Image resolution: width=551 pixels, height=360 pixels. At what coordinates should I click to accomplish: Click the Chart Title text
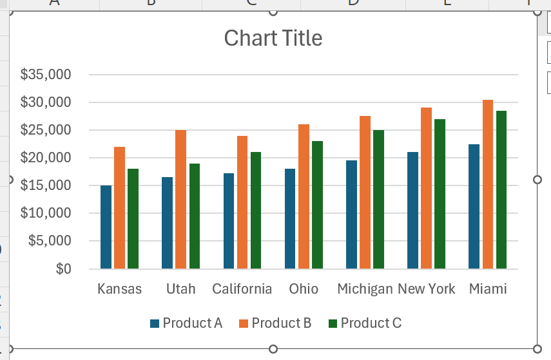[x=273, y=38]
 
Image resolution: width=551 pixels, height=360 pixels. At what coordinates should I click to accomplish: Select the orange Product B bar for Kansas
[x=119, y=207]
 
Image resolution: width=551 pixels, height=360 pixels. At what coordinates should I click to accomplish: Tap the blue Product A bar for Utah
[x=167, y=223]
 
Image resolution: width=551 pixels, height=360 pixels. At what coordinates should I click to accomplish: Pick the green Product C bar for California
[x=256, y=210]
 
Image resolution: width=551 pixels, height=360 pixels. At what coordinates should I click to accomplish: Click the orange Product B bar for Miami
[x=487, y=184]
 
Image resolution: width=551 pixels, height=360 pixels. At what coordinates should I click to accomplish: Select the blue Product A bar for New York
[x=412, y=210]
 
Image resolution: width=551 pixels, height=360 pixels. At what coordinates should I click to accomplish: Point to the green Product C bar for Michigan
[x=378, y=199]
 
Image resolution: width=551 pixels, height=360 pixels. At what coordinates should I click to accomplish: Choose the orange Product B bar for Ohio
[x=304, y=196]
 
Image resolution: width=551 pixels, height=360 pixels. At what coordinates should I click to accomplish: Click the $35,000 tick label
[x=45, y=75]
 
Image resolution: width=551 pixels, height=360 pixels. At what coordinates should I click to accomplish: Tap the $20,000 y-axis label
[x=45, y=158]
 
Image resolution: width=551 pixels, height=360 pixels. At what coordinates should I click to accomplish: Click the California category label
[x=242, y=289]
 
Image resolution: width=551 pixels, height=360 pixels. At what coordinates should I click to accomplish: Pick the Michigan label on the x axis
[x=365, y=289]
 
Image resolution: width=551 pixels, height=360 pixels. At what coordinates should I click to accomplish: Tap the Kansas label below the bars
[x=119, y=289]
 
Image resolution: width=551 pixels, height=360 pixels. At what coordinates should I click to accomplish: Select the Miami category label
[x=488, y=289]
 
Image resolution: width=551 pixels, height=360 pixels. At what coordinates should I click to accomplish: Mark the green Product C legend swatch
[x=333, y=323]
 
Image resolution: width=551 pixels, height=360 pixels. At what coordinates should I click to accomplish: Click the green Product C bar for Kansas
[x=133, y=218]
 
